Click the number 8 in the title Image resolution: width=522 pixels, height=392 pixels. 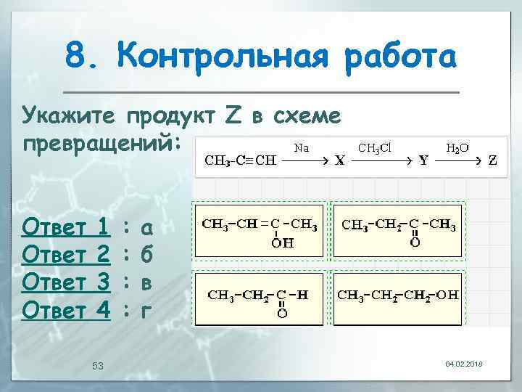(75, 57)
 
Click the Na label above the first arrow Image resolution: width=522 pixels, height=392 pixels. (302, 147)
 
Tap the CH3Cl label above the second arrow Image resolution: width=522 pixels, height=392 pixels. (375, 147)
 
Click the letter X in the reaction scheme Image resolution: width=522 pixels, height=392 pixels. (339, 161)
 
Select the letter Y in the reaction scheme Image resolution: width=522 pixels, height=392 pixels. (423, 161)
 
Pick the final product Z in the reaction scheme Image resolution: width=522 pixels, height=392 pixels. (492, 161)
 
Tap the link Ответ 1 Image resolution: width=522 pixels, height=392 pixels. (66, 228)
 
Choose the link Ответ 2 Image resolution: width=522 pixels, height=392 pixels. (66, 256)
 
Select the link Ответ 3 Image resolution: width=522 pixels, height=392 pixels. (66, 283)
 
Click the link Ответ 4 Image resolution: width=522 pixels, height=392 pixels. (66, 311)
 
